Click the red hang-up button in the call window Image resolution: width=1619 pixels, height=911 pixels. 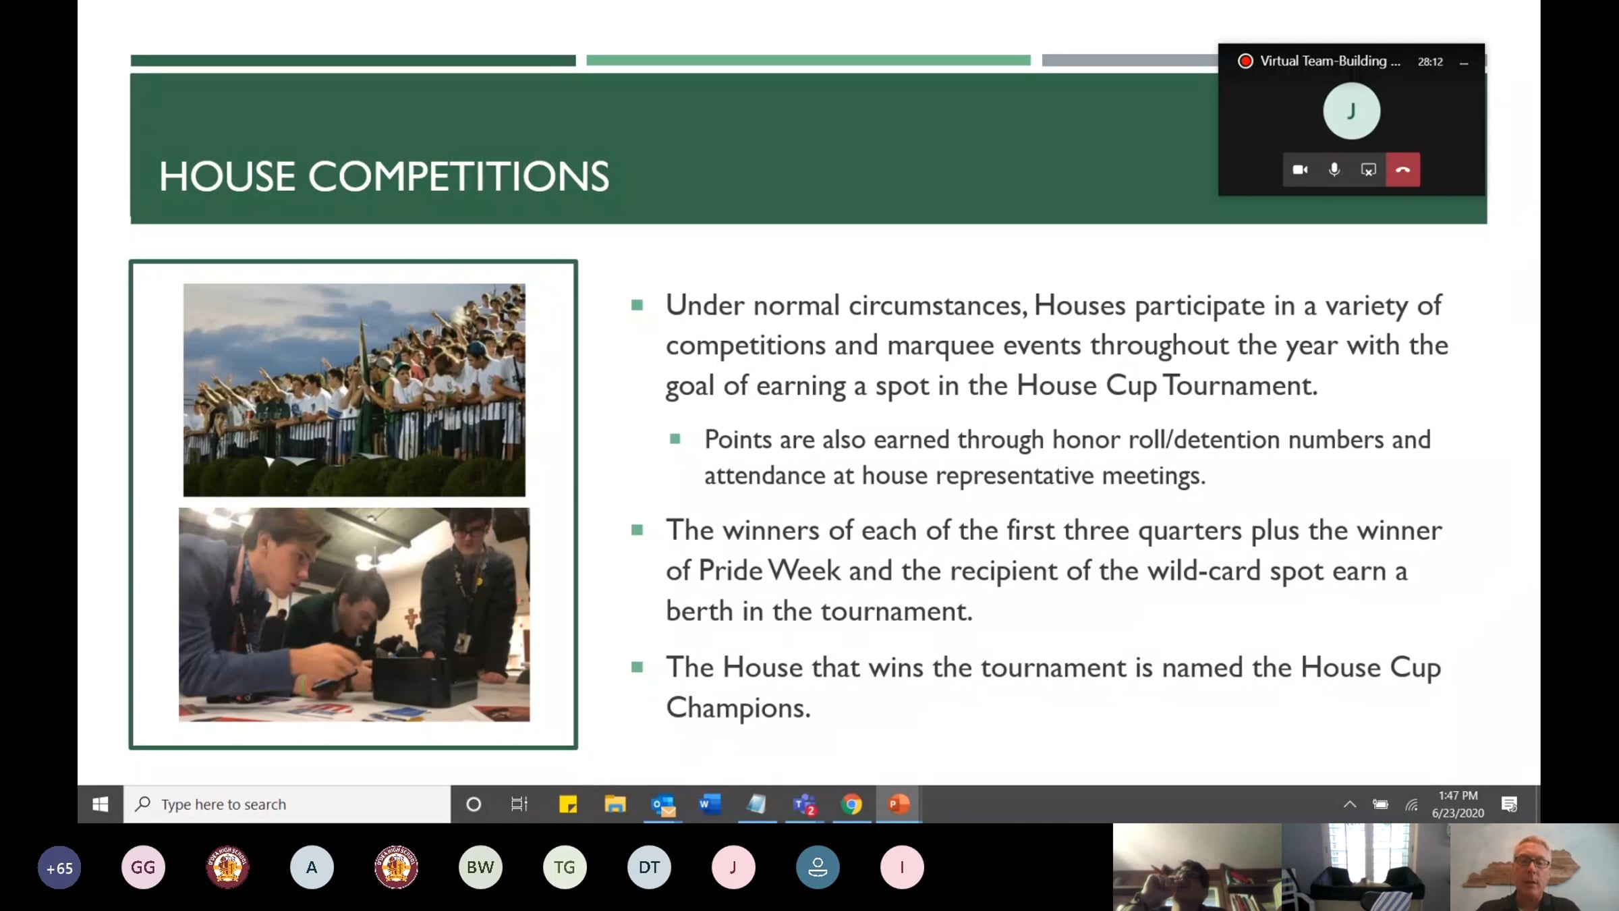pyautogui.click(x=1402, y=169)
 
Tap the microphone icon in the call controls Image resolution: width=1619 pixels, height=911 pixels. pyautogui.click(x=1334, y=169)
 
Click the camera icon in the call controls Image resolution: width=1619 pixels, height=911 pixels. pyautogui.click(x=1300, y=169)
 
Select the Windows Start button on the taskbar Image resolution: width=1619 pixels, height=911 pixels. pyautogui.click(x=101, y=804)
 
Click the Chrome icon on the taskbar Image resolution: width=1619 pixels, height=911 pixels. pyautogui.click(x=851, y=804)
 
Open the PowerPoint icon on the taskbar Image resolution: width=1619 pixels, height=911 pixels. pyautogui.click(x=899, y=804)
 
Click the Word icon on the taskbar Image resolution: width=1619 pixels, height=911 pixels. pyautogui.click(x=710, y=804)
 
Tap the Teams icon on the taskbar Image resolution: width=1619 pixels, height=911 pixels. pyautogui.click(x=804, y=804)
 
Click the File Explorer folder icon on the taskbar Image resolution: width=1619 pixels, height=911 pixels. pyautogui.click(x=615, y=804)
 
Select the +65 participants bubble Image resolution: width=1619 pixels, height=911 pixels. pyautogui.click(x=59, y=868)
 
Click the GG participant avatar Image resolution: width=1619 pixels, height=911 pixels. pyautogui.click(x=143, y=867)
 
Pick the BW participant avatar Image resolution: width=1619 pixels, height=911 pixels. pyautogui.click(x=480, y=867)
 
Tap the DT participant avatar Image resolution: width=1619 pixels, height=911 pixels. pyautogui.click(x=649, y=867)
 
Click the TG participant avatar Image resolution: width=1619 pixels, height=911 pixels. pyautogui.click(x=565, y=867)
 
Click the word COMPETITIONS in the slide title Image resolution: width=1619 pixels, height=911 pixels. pyautogui.click(x=459, y=177)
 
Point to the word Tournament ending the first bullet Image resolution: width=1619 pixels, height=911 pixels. pyautogui.click(x=1240, y=385)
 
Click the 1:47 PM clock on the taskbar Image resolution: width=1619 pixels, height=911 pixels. pyautogui.click(x=1458, y=796)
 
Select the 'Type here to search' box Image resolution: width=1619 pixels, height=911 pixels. pyautogui.click(x=287, y=804)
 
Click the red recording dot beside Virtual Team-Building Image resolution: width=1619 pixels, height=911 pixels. pyautogui.click(x=1245, y=61)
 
